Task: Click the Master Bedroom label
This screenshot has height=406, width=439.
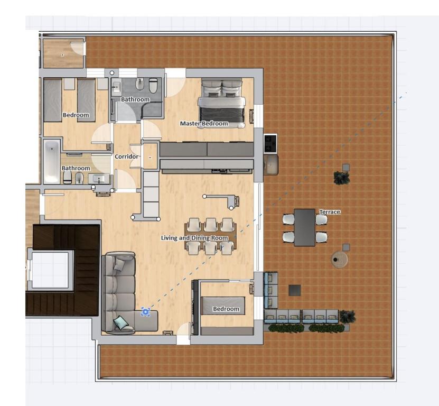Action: pos(204,124)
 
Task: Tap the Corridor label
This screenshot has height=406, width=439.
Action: pos(127,156)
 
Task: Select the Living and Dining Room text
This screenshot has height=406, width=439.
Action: pos(194,238)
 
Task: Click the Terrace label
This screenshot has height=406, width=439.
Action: pos(330,212)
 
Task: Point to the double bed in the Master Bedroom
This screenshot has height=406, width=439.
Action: pos(222,104)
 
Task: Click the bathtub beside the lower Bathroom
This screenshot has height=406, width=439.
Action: pos(52,162)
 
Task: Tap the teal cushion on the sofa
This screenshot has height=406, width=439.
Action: pos(121,322)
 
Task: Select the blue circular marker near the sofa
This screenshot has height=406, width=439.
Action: pos(146,311)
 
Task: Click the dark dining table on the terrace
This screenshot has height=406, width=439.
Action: pos(305,227)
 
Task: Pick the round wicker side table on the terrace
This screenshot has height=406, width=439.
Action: pos(339,260)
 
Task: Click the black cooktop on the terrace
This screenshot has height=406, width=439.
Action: pos(270,143)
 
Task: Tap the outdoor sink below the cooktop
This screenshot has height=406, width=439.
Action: pos(270,165)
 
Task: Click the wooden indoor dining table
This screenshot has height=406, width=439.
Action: pos(210,236)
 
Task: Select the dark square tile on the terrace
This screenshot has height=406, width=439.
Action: pos(295,290)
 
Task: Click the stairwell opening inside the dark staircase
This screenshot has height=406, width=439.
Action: pos(50,270)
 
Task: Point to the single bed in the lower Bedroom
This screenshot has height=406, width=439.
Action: pos(223,306)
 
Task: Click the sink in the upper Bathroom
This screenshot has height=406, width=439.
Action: pos(116,87)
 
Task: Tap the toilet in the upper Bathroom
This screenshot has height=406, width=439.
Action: pos(153,85)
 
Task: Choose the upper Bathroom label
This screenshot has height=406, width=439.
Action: pos(135,99)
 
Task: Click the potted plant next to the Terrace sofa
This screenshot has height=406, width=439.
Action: pos(348,317)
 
